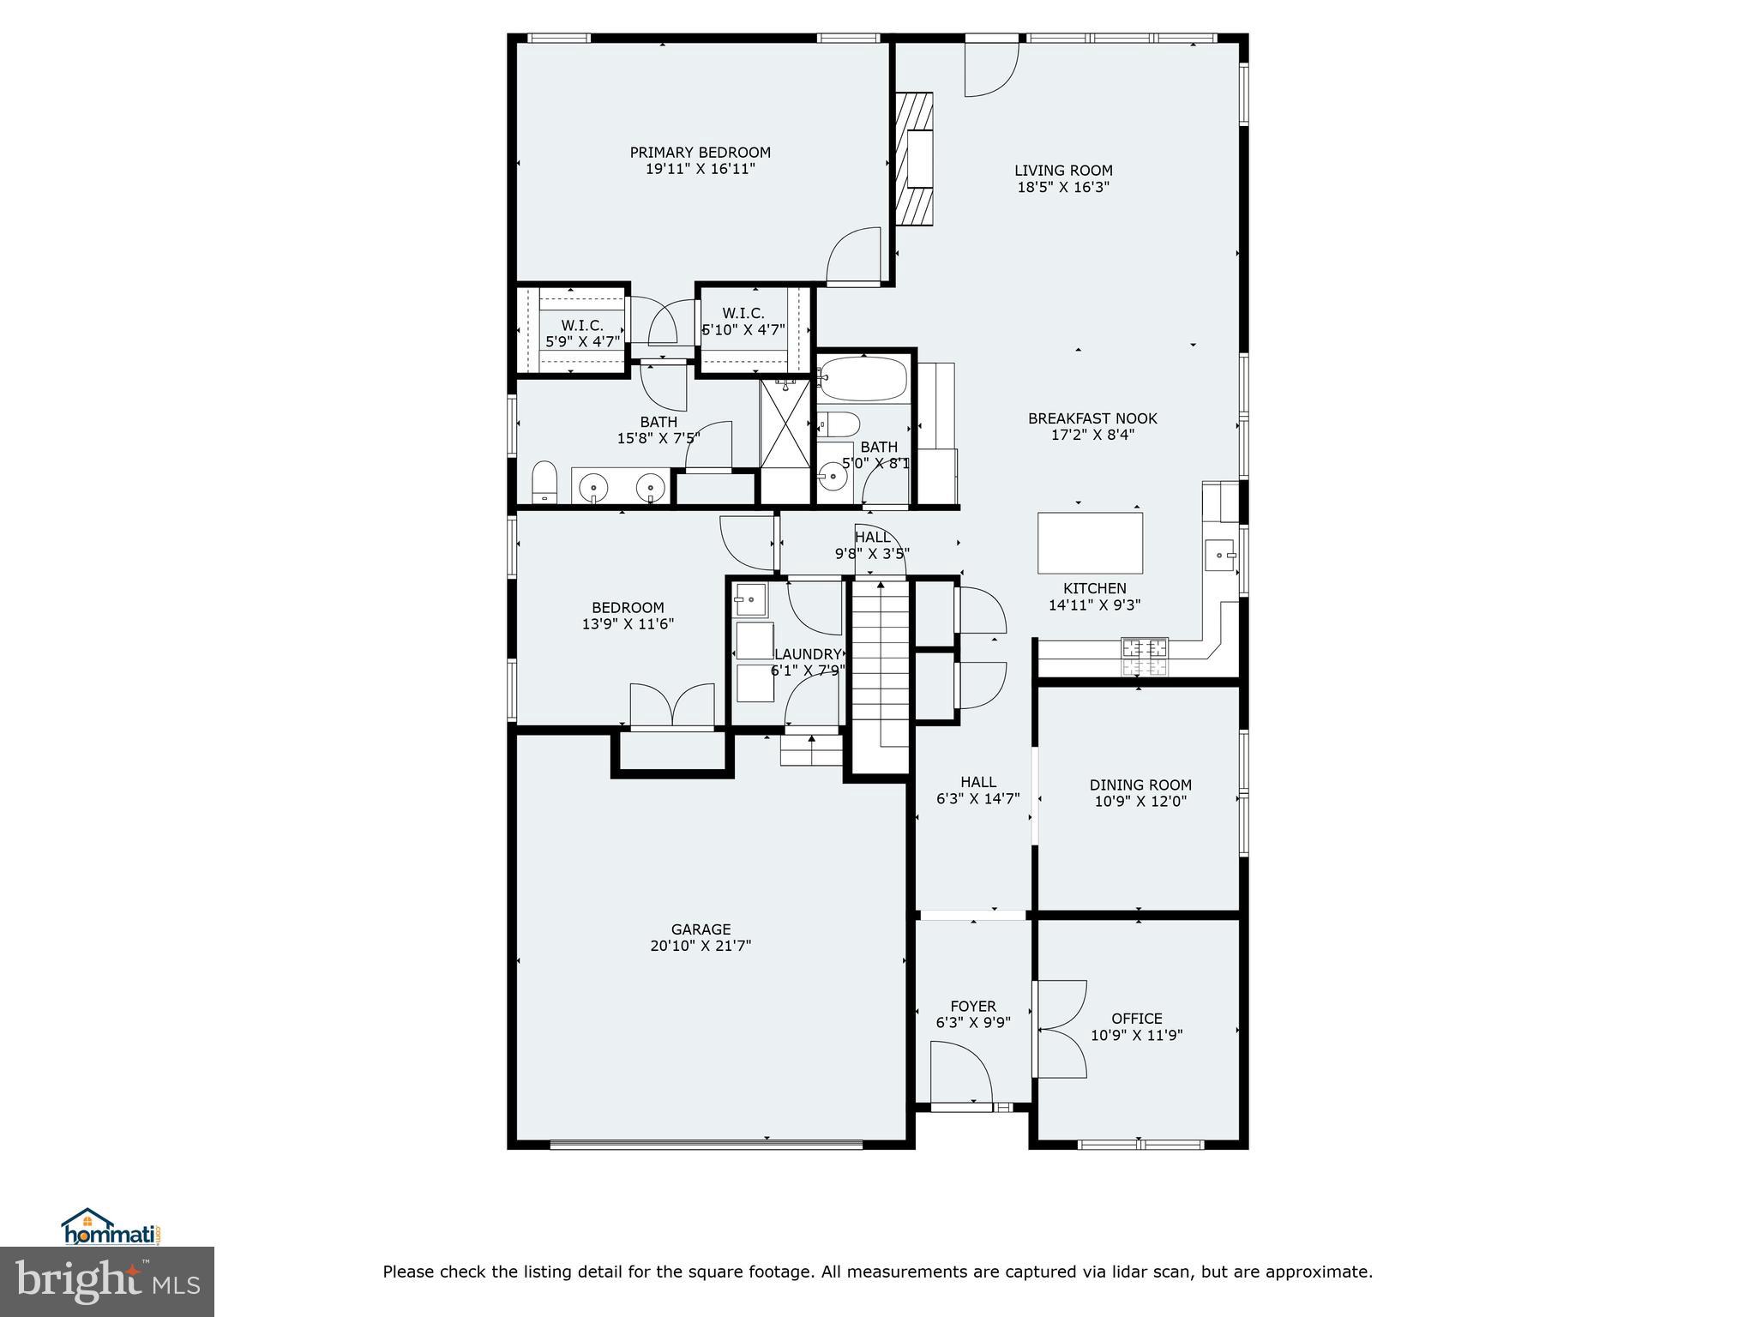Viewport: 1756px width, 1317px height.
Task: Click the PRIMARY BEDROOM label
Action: coord(700,153)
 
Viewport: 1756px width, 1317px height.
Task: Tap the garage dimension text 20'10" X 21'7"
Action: coord(701,946)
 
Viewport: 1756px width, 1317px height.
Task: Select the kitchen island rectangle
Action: coord(1090,543)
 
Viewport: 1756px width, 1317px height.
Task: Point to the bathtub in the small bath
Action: coord(862,378)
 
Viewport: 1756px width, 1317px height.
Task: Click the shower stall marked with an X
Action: coord(785,425)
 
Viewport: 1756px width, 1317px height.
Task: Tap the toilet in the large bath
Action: coord(544,482)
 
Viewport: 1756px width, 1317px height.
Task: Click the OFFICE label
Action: coord(1137,1019)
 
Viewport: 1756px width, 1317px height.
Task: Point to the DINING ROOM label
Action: coord(1140,785)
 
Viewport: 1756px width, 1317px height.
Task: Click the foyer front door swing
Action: coord(960,1072)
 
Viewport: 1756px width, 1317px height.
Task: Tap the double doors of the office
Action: coord(1061,1029)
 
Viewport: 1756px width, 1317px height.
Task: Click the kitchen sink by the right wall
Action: coord(1219,556)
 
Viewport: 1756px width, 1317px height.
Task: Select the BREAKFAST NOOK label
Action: coord(1092,418)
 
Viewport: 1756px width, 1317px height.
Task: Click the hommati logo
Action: coord(111,1227)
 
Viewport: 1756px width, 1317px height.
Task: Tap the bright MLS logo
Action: coord(107,1283)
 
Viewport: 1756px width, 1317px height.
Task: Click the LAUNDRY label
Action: coord(808,654)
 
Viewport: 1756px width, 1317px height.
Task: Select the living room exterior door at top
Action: coord(991,67)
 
